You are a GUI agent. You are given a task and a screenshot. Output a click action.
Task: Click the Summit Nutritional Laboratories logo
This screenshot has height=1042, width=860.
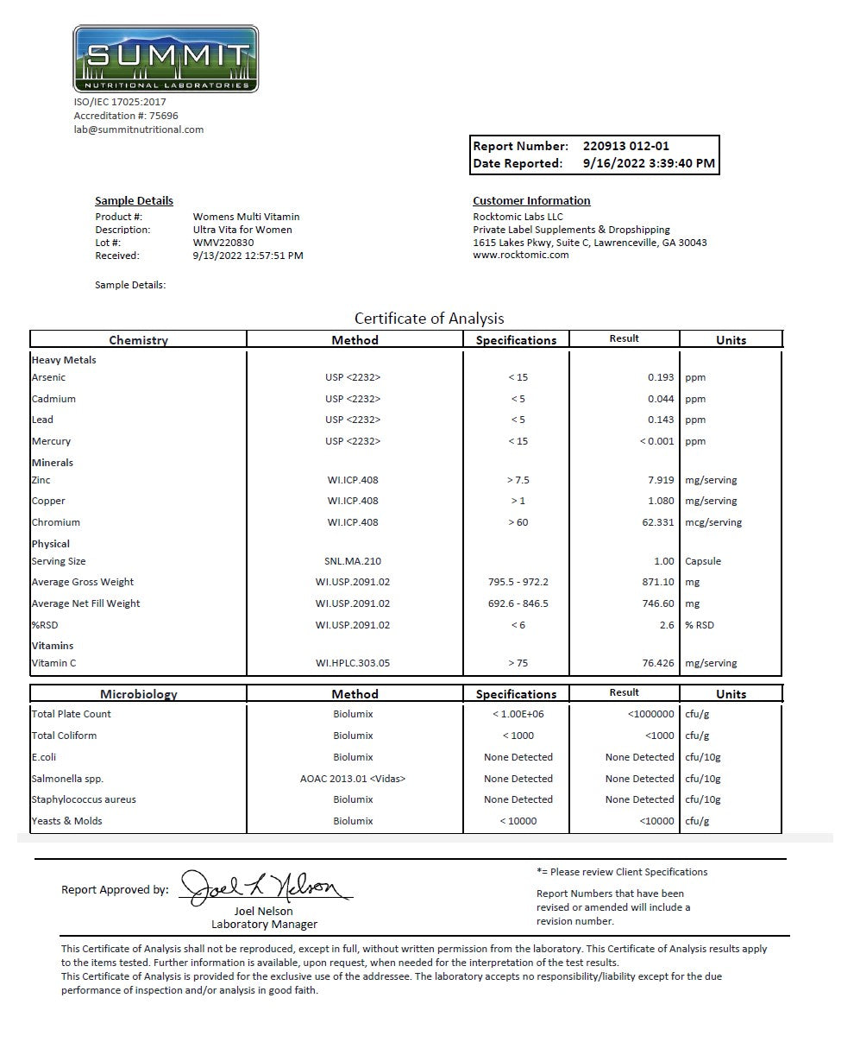[166, 59]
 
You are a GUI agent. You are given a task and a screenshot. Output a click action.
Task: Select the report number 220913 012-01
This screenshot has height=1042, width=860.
[625, 146]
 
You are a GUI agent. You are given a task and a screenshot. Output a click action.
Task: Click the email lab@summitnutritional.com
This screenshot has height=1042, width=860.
[138, 129]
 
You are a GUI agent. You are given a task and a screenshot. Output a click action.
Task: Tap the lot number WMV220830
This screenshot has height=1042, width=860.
[223, 243]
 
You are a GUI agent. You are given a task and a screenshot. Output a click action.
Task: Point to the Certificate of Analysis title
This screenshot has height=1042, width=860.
[429, 319]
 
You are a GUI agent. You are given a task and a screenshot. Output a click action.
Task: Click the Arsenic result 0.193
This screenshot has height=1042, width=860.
[661, 377]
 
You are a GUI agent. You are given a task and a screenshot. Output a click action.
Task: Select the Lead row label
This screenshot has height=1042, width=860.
[42, 420]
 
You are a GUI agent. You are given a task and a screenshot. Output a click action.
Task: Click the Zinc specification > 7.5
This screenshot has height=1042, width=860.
[518, 480]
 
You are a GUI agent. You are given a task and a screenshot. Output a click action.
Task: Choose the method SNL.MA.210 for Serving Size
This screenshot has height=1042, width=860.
[353, 561]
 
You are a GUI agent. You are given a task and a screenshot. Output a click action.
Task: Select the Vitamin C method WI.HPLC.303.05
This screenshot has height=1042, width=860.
[353, 663]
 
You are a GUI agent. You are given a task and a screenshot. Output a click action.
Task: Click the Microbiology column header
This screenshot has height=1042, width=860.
[138, 694]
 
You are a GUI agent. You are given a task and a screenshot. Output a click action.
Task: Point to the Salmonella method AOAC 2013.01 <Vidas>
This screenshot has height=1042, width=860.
[353, 779]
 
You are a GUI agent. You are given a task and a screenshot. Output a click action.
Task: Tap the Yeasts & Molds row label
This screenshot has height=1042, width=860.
[66, 821]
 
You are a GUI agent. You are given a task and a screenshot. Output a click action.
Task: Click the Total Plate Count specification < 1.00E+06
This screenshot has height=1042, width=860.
[518, 714]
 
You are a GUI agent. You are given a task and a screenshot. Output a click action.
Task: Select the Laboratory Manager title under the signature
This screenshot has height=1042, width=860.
[264, 925]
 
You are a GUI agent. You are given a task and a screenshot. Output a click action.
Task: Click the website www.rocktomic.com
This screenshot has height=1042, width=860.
[521, 256]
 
